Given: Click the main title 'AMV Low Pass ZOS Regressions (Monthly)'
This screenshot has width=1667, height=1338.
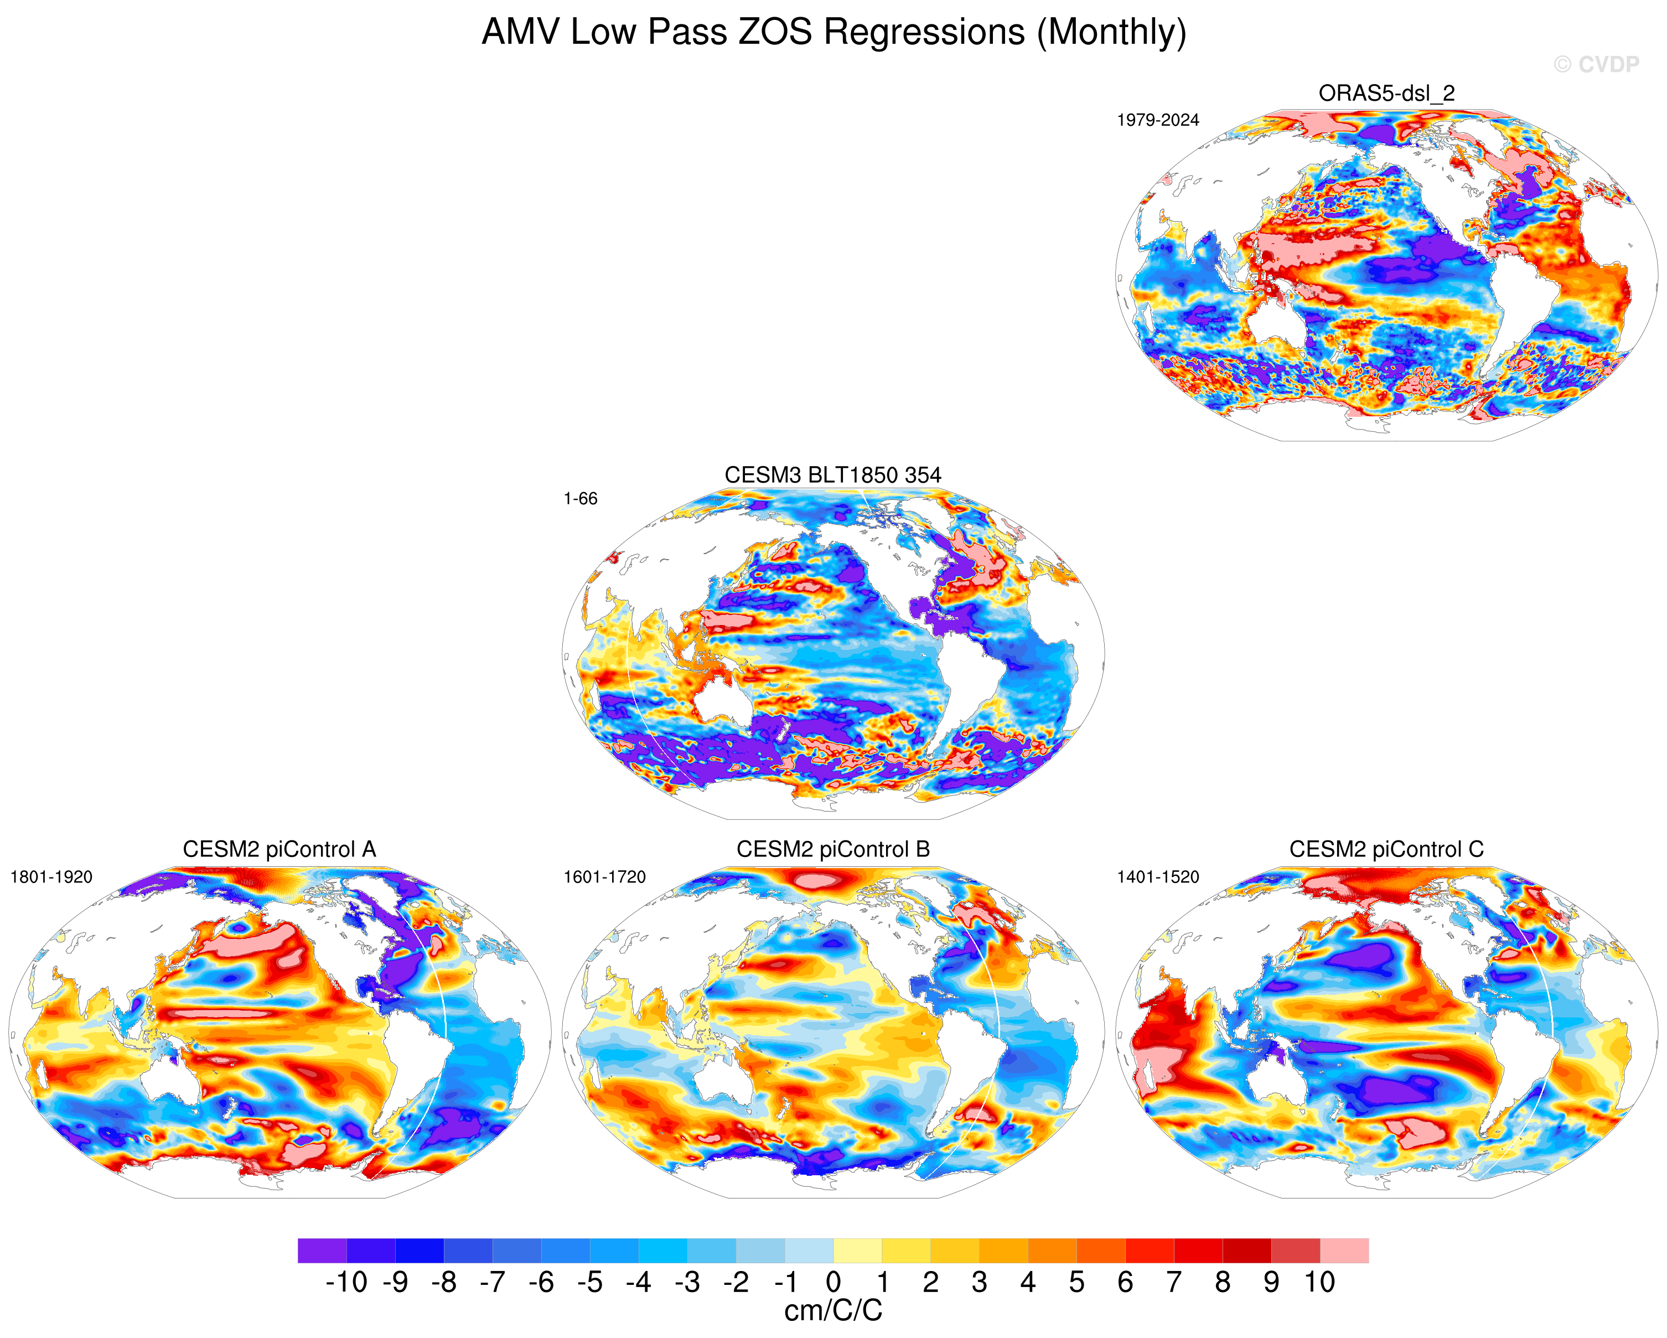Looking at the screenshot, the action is pyautogui.click(x=833, y=33).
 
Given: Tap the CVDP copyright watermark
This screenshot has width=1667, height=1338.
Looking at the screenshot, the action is pyautogui.click(x=1596, y=64).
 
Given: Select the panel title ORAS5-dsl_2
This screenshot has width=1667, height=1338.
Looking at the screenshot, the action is pyautogui.click(x=1386, y=94).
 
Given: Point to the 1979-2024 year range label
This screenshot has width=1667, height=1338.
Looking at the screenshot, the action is pyautogui.click(x=1157, y=120).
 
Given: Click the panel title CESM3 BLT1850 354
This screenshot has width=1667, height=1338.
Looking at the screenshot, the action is pyautogui.click(x=833, y=475).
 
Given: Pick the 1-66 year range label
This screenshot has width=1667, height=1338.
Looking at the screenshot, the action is pyautogui.click(x=580, y=499).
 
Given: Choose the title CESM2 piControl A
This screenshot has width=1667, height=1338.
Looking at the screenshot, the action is pyautogui.click(x=279, y=849).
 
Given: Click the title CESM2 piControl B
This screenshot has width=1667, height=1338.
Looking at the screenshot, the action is pyautogui.click(x=833, y=849).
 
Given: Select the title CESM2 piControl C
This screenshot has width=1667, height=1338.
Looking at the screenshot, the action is pyautogui.click(x=1386, y=849).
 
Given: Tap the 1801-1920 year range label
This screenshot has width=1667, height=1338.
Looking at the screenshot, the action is pyautogui.click(x=51, y=877).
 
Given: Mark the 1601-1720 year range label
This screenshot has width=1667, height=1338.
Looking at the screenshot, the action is pyautogui.click(x=604, y=877).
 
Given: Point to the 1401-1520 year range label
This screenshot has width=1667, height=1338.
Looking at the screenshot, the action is pyautogui.click(x=1157, y=877).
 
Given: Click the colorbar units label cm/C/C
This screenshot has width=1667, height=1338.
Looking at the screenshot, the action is pyautogui.click(x=833, y=1311).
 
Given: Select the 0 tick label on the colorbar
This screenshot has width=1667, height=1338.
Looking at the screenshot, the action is pyautogui.click(x=833, y=1282).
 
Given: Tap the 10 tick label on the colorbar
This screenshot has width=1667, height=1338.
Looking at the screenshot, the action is pyautogui.click(x=1320, y=1282).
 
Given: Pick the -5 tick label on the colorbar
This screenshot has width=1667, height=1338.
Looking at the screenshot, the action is pyautogui.click(x=589, y=1282).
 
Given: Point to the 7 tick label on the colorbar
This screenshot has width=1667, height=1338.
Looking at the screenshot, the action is pyautogui.click(x=1174, y=1282).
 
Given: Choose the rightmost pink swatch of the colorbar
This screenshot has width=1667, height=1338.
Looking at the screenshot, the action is pyautogui.click(x=1344, y=1251).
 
